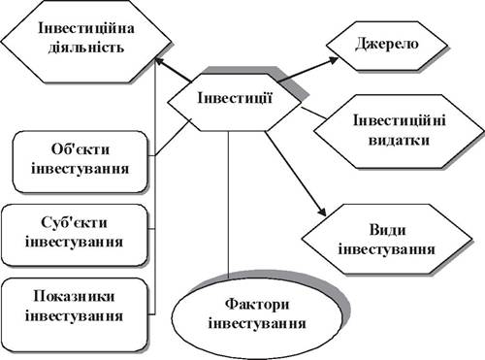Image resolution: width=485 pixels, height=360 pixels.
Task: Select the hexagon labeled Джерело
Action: tap(386, 46)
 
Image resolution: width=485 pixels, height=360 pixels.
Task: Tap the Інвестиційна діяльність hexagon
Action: tap(85, 41)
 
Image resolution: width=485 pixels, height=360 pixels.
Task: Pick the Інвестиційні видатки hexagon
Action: tap(399, 131)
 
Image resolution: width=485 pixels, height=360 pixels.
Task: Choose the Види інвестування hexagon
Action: tap(387, 240)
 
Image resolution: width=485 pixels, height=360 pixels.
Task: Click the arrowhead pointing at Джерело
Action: tap(334, 60)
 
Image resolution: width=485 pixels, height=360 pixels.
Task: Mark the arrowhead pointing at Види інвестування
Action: tap(322, 212)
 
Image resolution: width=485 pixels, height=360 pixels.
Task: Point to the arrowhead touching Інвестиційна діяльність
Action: tap(160, 61)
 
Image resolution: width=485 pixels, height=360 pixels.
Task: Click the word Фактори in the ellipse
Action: tap(257, 305)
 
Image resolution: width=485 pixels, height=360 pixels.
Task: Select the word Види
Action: tap(387, 230)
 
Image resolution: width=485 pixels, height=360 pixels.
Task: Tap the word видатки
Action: tap(399, 141)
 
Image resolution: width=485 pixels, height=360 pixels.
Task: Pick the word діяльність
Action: tap(86, 48)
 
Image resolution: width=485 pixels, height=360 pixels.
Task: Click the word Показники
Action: tap(74, 297)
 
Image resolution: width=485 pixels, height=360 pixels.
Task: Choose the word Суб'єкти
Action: tap(74, 223)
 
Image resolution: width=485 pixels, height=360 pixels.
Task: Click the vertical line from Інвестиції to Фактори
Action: tap(229, 205)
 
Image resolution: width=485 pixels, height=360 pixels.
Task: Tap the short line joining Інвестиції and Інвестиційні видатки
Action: tap(313, 113)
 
